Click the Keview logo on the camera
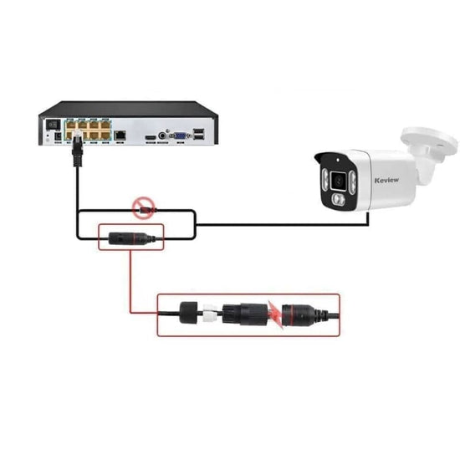coord(386,180)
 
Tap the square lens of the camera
coord(339,181)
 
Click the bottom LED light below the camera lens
coord(338,200)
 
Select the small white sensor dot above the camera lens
coord(338,160)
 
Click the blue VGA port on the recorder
coord(179,135)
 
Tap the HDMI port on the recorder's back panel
coord(151,137)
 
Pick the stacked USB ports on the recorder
coord(199,134)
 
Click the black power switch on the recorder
coord(53,125)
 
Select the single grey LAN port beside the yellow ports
coord(120,135)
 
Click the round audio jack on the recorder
coord(162,135)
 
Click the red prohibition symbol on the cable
coord(143,207)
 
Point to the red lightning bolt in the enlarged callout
coord(276,315)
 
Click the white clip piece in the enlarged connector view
coord(210,314)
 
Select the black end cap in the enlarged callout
coord(190,313)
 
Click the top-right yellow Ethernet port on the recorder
coord(105,125)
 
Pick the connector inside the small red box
coord(131,238)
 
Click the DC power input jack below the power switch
coord(58,136)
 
